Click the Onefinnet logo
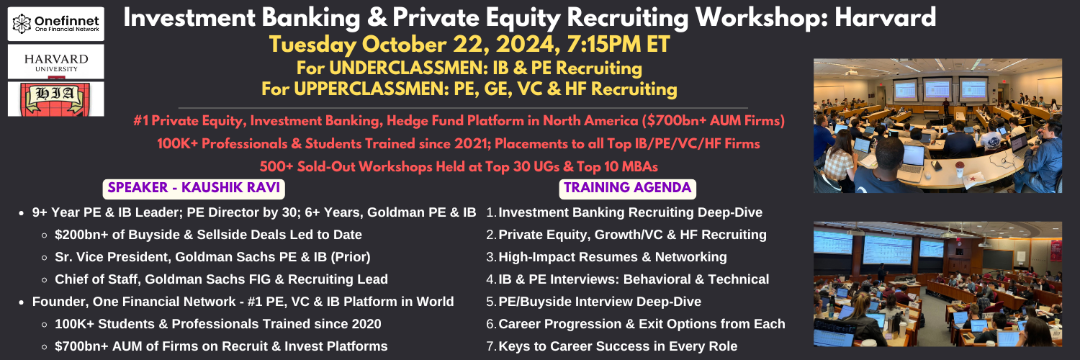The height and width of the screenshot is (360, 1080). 56,24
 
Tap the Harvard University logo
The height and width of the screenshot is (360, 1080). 56,62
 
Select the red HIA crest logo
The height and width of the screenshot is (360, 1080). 56,99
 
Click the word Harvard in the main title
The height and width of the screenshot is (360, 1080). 885,17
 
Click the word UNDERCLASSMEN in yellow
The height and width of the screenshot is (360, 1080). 403,68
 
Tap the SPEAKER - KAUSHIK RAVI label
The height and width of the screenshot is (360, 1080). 194,188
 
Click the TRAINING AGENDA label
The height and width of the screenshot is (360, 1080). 628,188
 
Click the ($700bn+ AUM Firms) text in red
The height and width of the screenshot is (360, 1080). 713,120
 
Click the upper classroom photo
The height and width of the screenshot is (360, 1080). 937,126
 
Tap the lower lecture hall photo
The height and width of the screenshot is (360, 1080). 937,284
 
